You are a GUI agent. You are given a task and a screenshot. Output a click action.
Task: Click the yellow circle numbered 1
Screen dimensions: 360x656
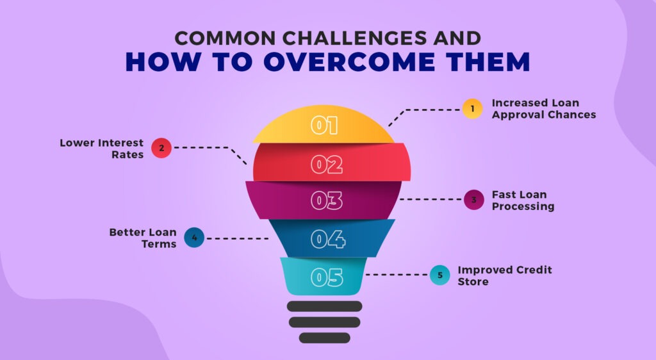click(472, 109)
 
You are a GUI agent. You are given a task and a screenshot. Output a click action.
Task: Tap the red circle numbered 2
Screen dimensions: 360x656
click(161, 148)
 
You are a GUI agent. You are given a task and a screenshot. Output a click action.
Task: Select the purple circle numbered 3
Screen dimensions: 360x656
click(473, 200)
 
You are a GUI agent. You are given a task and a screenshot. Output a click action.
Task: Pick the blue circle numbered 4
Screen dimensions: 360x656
click(194, 238)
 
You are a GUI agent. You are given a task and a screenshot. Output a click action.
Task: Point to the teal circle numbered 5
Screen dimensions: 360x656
click(439, 275)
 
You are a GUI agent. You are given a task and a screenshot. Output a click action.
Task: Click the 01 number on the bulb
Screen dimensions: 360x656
click(325, 126)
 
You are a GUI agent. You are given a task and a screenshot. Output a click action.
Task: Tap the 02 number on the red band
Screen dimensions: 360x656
click(327, 165)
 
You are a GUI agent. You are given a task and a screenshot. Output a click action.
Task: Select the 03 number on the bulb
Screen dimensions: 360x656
click(327, 201)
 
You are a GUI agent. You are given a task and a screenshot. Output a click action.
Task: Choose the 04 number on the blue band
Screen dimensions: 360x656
click(328, 239)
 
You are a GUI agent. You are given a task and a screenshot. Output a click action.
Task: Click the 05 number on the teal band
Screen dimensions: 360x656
click(327, 277)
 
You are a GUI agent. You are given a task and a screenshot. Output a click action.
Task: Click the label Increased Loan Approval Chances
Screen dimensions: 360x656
click(543, 109)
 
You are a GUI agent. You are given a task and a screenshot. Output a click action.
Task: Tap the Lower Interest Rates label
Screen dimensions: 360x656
click(102, 149)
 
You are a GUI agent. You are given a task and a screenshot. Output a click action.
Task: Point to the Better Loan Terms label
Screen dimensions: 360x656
click(142, 238)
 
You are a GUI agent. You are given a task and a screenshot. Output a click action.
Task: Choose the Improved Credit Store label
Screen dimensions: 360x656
click(504, 275)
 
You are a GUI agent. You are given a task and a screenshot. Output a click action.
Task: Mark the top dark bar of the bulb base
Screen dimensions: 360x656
click(325, 306)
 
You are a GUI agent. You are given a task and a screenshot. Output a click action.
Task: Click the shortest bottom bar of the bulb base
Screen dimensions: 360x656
click(325, 338)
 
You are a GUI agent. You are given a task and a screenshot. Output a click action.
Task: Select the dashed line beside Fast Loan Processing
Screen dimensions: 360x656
click(430, 199)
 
